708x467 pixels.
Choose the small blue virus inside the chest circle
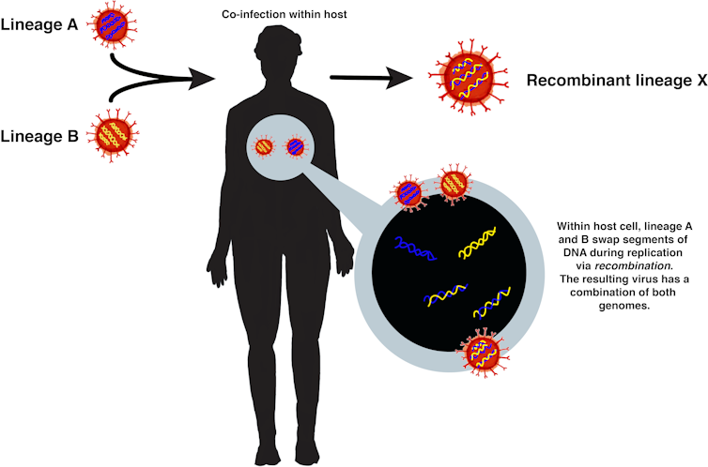296,147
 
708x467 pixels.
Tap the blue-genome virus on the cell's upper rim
410,192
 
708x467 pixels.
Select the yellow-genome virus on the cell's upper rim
454,184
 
